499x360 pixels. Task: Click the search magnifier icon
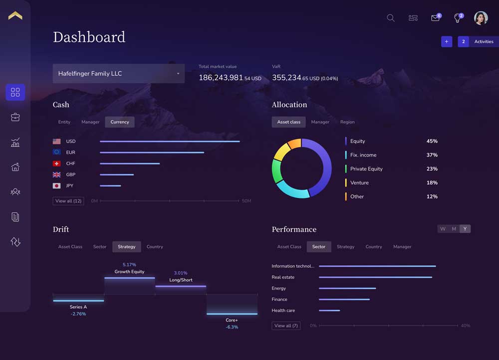click(391, 18)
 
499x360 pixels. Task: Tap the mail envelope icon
click(435, 18)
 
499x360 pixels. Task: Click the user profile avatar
click(481, 18)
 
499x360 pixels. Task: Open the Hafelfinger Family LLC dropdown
click(118, 74)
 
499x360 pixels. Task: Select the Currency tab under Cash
click(120, 122)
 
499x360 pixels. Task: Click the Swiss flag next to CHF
click(56, 164)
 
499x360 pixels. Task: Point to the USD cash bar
click(170, 142)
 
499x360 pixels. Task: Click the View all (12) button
click(68, 201)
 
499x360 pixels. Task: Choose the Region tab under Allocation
click(347, 122)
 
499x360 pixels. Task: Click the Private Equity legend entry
click(366, 169)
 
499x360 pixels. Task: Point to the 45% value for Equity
click(432, 141)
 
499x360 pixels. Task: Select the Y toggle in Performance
click(465, 229)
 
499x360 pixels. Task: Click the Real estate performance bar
click(375, 277)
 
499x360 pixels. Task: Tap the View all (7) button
click(286, 326)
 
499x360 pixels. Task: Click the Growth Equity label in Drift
click(129, 272)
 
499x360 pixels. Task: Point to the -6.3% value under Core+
click(232, 327)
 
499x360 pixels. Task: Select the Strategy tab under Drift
click(127, 247)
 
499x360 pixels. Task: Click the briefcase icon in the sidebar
click(15, 117)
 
